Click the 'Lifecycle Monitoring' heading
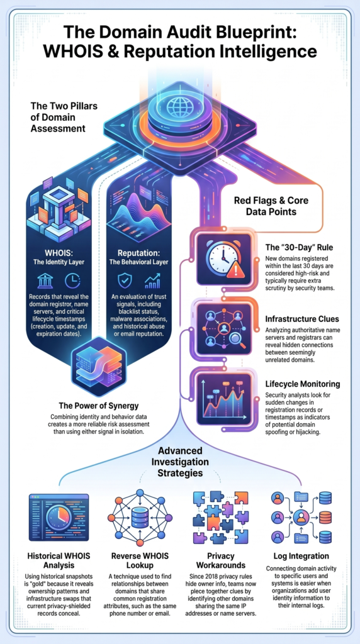click(303, 384)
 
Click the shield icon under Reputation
click(125, 281)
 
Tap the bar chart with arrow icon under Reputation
click(152, 281)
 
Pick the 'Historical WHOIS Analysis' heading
click(59, 561)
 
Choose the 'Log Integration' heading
click(301, 556)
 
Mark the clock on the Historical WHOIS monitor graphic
click(59, 517)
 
